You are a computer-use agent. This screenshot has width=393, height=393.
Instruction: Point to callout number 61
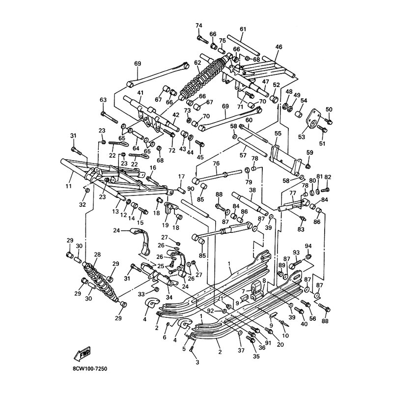[x=243, y=29]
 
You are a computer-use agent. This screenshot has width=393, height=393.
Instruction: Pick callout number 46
[x=279, y=47]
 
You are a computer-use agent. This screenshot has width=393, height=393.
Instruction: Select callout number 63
[x=103, y=100]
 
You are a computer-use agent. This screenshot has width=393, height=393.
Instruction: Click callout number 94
[x=308, y=246]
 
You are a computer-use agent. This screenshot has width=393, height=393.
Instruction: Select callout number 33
[x=140, y=294]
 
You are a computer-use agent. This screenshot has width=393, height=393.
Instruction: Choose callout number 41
[x=140, y=93]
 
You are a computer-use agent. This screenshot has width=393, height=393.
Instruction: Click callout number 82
[x=328, y=177]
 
